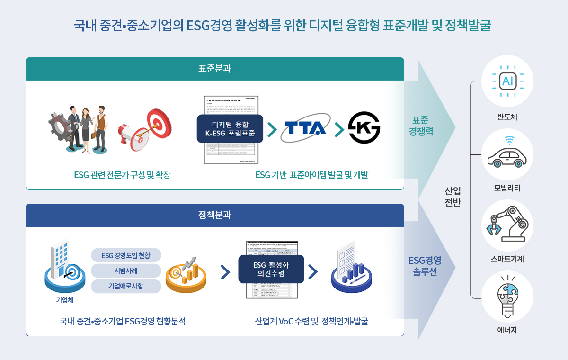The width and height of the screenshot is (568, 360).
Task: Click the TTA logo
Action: pos(303,128)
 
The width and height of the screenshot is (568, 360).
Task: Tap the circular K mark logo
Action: pos(364,128)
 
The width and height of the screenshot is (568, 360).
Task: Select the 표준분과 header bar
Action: pos(215,69)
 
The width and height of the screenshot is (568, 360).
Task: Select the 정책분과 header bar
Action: pos(215,216)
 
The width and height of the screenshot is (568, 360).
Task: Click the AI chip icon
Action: pos(507,81)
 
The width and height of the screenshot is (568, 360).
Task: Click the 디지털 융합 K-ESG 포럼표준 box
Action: pos(230,128)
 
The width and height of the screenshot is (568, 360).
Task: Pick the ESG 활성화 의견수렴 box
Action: pos(271,269)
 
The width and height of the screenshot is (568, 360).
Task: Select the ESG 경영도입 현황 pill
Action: pos(126,255)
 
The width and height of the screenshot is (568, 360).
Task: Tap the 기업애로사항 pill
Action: pos(126,286)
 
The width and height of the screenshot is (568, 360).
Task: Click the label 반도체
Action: pos(507,117)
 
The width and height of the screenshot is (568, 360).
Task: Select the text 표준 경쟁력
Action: pos(421,126)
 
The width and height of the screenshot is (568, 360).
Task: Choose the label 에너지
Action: pos(507,330)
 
